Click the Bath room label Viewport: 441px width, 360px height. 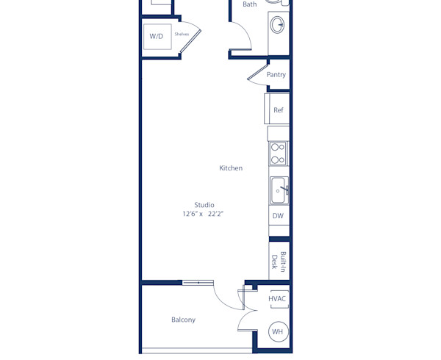click(250, 4)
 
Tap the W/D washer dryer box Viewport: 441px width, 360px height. click(157, 36)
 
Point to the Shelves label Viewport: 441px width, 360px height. click(182, 34)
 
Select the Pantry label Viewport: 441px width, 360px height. click(276, 75)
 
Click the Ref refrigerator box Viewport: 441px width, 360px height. click(278, 109)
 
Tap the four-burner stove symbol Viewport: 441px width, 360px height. click(278, 154)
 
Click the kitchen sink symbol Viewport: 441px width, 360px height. click(279, 190)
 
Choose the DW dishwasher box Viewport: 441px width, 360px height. click(278, 216)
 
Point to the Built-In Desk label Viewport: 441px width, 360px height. click(278, 261)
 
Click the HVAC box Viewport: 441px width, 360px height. click(277, 299)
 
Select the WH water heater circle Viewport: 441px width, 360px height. click(278, 332)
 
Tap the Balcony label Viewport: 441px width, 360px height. click(183, 320)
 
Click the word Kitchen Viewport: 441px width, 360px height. click(231, 168)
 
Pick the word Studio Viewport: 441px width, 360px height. click(204, 205)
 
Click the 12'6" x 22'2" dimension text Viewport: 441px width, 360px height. click(203, 215)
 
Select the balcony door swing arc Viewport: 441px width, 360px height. click(224, 298)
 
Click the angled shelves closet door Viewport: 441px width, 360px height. click(190, 40)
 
